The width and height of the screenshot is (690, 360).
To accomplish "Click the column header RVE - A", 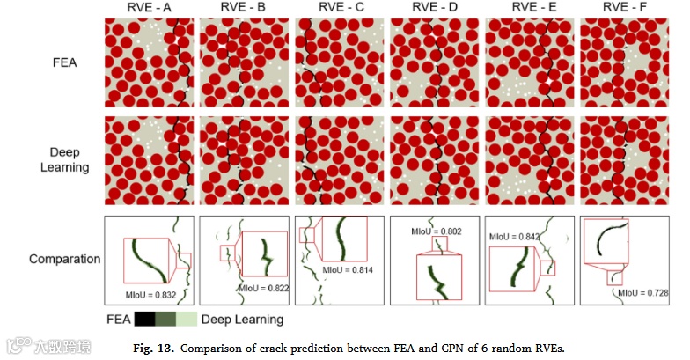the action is point(147,10).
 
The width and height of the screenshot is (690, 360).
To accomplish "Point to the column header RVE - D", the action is point(432,10).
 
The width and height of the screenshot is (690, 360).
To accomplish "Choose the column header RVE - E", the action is point(529,10).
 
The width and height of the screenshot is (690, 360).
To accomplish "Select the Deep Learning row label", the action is point(65,158).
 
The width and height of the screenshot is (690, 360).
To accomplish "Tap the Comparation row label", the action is point(64,260).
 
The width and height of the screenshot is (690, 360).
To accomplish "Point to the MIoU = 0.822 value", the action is point(261,288).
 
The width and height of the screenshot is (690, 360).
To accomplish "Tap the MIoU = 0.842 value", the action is point(510,235).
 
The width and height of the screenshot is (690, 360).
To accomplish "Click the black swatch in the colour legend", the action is point(146,319).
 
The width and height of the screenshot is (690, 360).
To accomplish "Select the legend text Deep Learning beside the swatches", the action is point(242,320).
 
